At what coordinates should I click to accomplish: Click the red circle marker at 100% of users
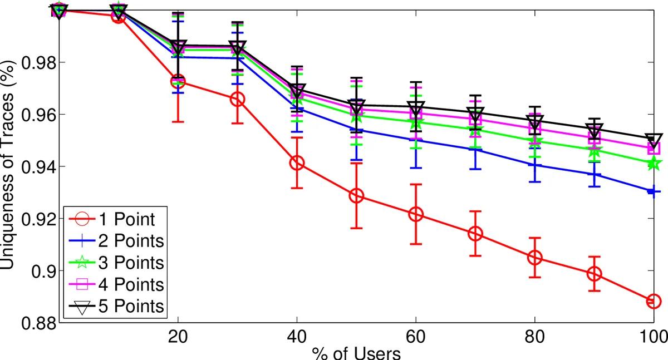653,301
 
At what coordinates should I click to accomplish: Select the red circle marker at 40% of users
297,163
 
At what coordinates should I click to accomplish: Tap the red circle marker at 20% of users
178,82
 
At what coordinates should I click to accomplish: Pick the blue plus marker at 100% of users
653,191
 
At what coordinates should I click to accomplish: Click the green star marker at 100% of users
653,164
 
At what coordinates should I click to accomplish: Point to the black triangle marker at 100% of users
653,139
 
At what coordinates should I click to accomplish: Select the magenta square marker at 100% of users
653,149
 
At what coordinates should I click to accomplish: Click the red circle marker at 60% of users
416,214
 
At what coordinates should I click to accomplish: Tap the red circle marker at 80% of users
534,258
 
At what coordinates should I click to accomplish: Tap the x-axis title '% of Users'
356,353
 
